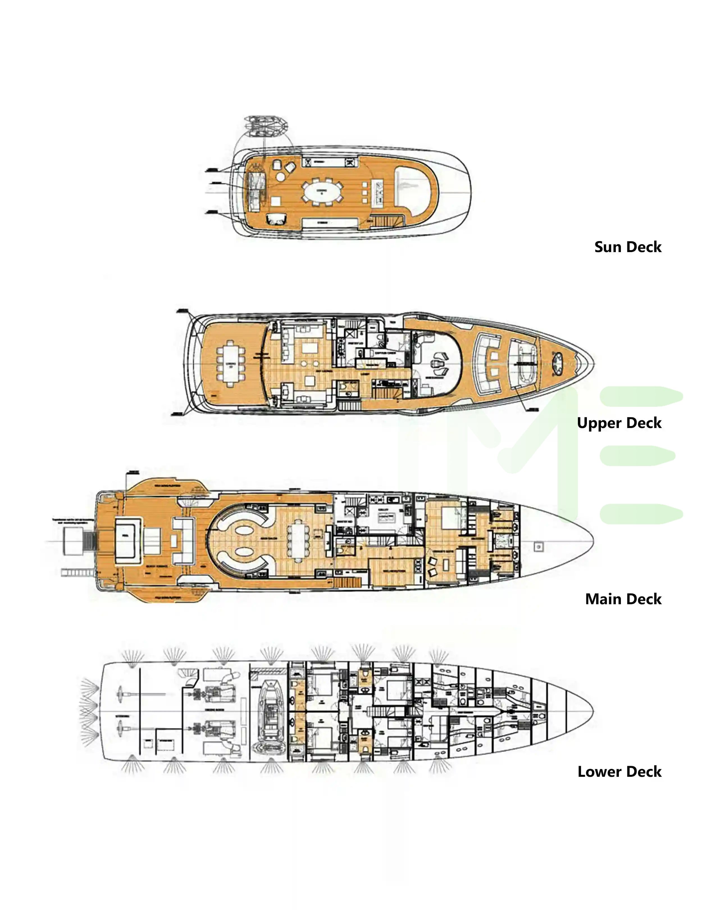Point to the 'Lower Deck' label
[619, 772]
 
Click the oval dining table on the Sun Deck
[321, 192]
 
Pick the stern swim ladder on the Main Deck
[89, 540]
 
